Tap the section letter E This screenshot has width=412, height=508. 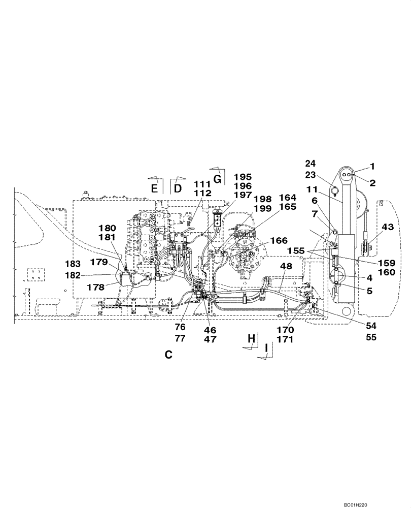pos(154,188)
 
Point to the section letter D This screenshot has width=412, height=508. pos(178,188)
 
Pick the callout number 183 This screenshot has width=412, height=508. pos(74,264)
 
